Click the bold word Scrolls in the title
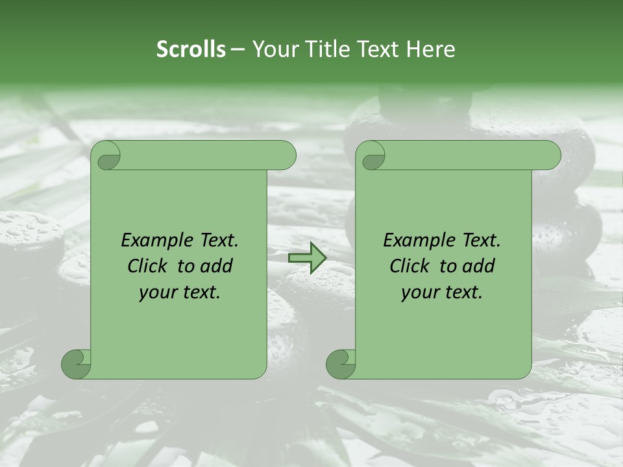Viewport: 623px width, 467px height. click(191, 49)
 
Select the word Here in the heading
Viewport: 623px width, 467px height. click(431, 49)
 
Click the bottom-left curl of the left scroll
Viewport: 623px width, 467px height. click(77, 364)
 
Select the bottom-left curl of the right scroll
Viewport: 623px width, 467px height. click(341, 364)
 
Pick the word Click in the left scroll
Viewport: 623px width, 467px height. click(147, 267)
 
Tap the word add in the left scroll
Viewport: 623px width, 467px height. click(217, 267)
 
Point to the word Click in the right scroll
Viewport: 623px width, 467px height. click(409, 267)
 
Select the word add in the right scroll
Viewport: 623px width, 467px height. click(479, 267)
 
